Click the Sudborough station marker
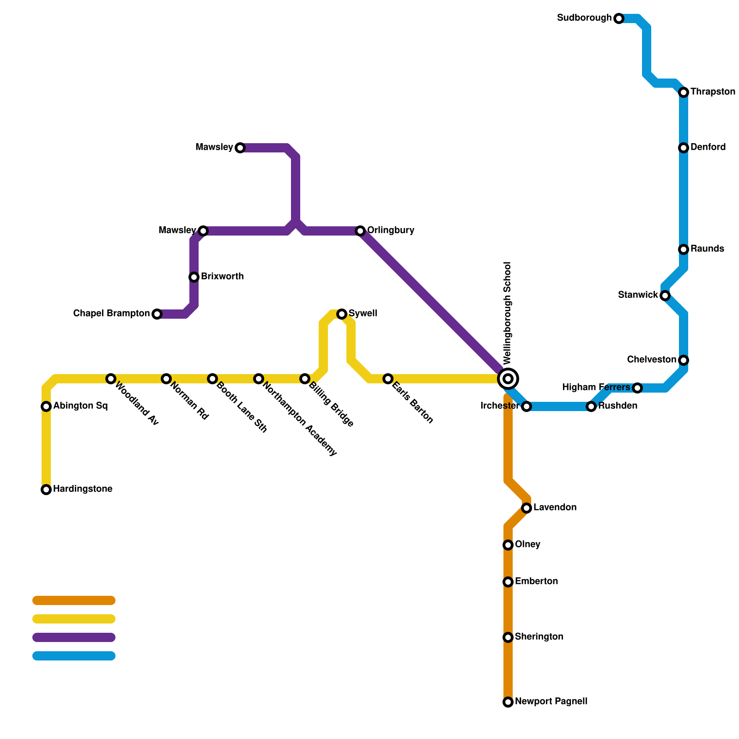click(619, 18)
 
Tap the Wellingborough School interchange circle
click(508, 379)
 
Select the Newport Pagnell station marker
click(508, 702)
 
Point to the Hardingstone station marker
click(46, 490)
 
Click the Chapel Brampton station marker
click(157, 314)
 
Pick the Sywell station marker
click(342, 314)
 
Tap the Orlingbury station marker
click(360, 231)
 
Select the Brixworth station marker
click(194, 277)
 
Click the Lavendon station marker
click(527, 508)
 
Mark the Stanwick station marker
click(665, 296)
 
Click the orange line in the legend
click(74, 600)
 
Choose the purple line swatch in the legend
click(74, 637)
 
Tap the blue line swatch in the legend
click(74, 656)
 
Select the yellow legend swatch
click(74, 619)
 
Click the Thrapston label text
click(713, 92)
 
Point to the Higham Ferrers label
click(596, 388)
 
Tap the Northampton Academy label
click(300, 418)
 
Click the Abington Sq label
click(80, 406)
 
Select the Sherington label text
click(539, 637)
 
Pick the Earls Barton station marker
click(388, 379)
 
